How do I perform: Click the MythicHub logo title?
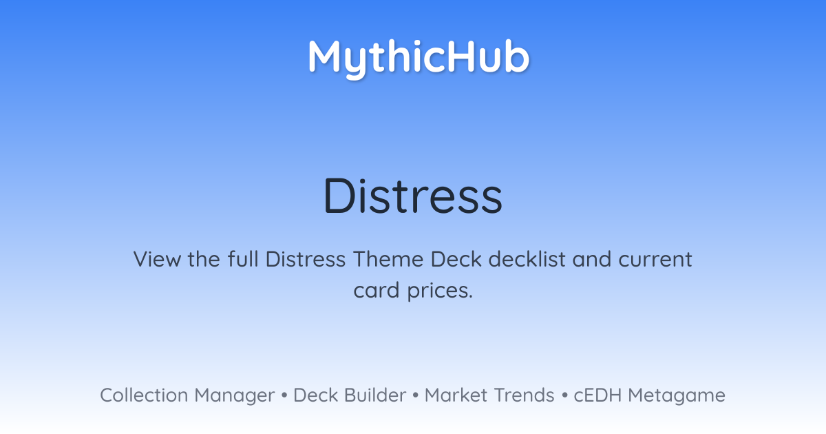click(419, 59)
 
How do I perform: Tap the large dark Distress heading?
click(412, 196)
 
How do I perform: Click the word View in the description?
click(157, 259)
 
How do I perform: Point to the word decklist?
click(527, 259)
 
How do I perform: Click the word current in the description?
click(655, 260)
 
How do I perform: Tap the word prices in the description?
click(440, 291)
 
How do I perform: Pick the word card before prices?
click(377, 290)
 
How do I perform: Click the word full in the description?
click(243, 259)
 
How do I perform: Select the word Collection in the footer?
click(144, 395)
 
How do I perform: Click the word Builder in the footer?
click(375, 395)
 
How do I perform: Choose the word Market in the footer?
click(456, 395)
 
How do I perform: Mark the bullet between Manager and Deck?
click(284, 395)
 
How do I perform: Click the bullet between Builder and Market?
click(416, 395)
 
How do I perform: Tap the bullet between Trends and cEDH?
click(564, 395)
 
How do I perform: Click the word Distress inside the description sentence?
click(306, 259)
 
